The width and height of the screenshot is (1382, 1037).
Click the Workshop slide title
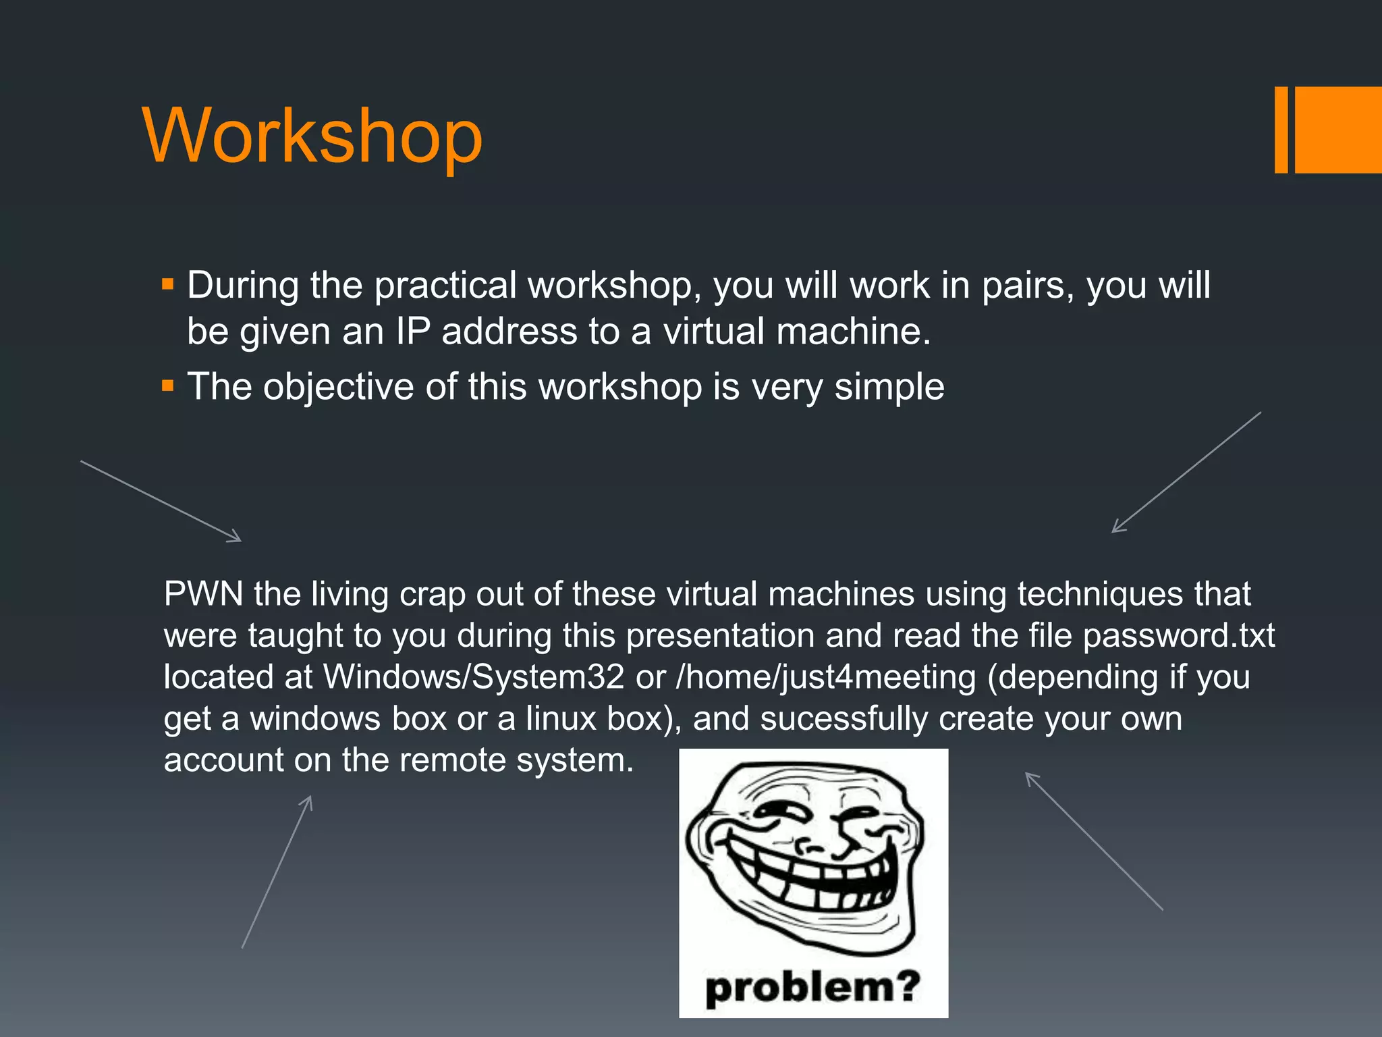click(x=312, y=136)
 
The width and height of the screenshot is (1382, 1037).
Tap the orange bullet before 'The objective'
click(x=168, y=386)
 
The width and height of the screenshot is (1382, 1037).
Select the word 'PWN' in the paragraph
click(x=203, y=594)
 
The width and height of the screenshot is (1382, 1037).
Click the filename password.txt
click(x=1178, y=636)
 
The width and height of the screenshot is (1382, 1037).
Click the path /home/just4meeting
click(x=826, y=677)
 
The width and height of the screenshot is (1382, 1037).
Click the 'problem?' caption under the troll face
click(x=812, y=987)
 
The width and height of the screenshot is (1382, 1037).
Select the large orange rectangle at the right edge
click(x=1338, y=130)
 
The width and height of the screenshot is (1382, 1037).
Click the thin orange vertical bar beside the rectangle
click(x=1281, y=130)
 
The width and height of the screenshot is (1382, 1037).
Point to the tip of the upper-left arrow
click(x=240, y=540)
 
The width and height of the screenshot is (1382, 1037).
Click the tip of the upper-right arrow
click(x=1113, y=531)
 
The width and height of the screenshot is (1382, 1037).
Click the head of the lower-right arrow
click(x=1028, y=774)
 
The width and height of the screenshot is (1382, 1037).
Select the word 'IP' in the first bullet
click(x=412, y=331)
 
